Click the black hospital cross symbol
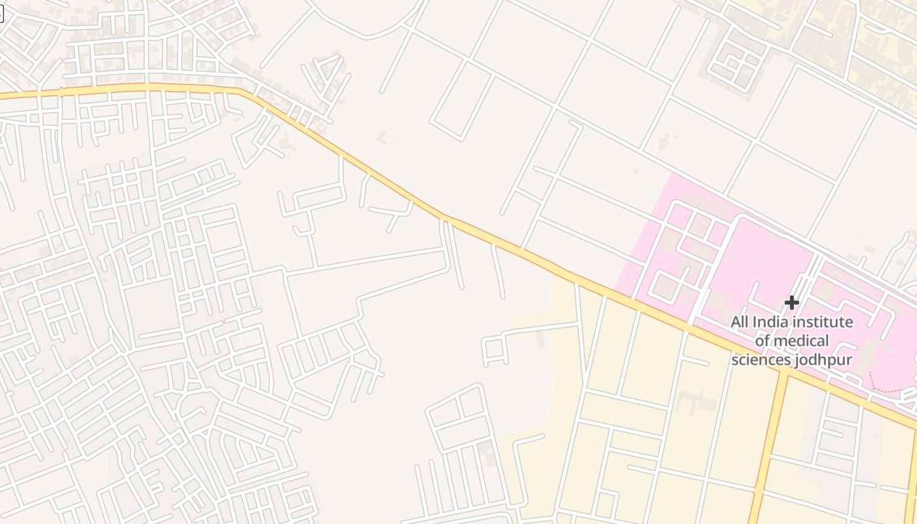coord(792,303)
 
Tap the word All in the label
coord(739,322)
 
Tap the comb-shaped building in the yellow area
coord(694,401)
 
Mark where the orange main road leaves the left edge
coord(3,97)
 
